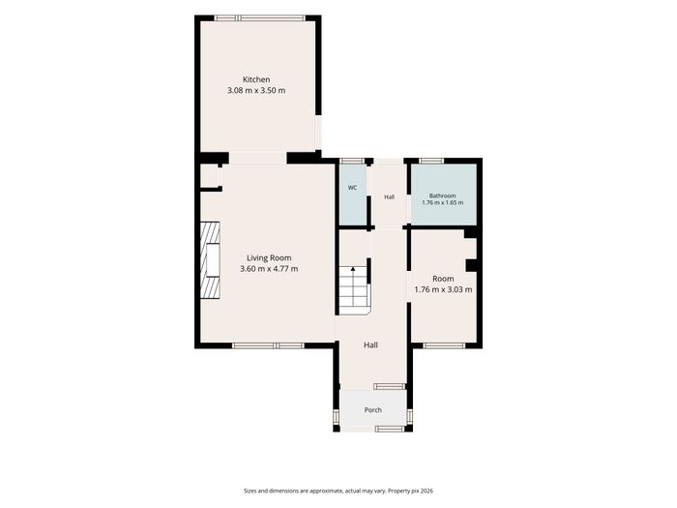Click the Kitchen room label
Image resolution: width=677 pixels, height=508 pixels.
click(256, 79)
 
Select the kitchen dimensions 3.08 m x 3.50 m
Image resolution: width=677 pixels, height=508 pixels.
click(256, 91)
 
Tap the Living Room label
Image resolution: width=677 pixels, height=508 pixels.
click(269, 258)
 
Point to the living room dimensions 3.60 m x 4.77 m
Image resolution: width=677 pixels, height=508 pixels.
click(269, 269)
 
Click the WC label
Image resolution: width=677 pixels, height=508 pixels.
click(352, 188)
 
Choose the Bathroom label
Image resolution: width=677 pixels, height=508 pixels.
click(443, 195)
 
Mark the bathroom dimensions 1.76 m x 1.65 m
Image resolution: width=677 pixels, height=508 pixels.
click(443, 202)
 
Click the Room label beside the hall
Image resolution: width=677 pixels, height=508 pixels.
click(443, 279)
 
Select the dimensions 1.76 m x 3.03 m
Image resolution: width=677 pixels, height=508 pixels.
click(443, 289)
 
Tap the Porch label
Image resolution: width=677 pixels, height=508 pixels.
click(373, 410)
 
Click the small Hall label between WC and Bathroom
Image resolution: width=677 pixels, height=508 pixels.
click(390, 197)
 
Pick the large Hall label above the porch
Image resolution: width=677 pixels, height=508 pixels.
click(370, 344)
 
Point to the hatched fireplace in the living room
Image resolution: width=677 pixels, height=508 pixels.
click(210, 259)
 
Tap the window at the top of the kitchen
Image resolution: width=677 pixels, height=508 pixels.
click(260, 18)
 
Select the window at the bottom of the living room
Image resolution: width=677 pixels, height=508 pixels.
click(268, 345)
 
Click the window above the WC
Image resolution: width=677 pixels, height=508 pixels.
click(351, 162)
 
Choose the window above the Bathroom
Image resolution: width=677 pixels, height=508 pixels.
click(431, 162)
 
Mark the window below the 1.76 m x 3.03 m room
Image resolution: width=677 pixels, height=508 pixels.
click(444, 345)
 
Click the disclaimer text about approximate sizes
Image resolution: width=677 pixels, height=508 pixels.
click(338, 491)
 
